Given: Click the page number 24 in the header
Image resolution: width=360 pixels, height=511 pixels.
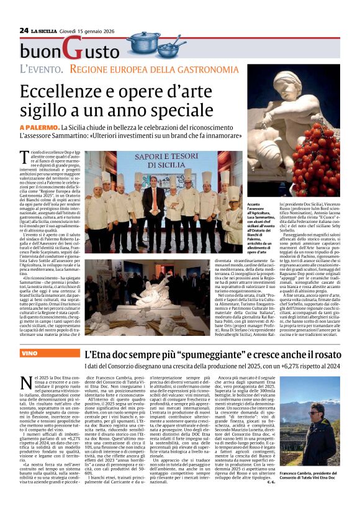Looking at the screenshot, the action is [x=24, y=30].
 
